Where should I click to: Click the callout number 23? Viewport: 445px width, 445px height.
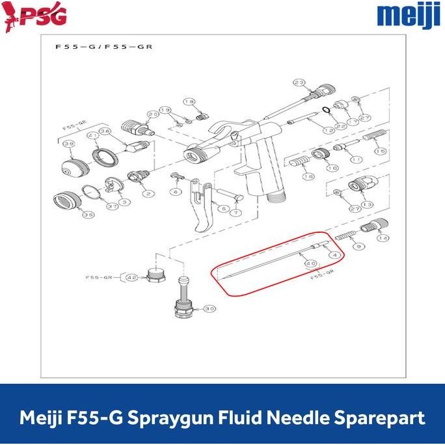[299, 83]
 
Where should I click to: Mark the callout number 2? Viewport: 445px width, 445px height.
[148, 193]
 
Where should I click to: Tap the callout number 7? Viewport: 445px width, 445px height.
[236, 213]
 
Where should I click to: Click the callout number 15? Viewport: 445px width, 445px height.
[380, 152]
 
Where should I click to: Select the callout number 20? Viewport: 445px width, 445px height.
[153, 115]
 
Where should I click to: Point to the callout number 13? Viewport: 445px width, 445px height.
[368, 204]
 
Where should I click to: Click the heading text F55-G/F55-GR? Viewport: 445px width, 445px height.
[105, 48]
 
